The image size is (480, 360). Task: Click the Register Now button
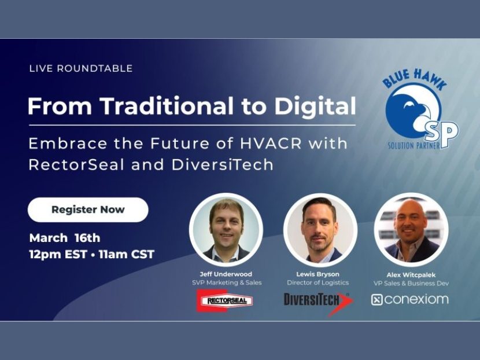(x=88, y=210)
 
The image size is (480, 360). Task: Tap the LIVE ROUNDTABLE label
(x=81, y=68)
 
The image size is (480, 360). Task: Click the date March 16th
(x=65, y=238)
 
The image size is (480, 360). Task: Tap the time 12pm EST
(x=58, y=254)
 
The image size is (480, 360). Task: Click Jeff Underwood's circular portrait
(x=226, y=230)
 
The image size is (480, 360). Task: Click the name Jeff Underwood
(x=226, y=274)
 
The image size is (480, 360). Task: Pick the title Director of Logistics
(x=317, y=282)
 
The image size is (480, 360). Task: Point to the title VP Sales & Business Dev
(x=411, y=283)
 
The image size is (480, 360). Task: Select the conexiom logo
(x=409, y=300)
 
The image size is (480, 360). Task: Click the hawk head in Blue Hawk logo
(x=412, y=110)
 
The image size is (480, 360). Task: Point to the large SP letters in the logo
(x=443, y=133)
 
